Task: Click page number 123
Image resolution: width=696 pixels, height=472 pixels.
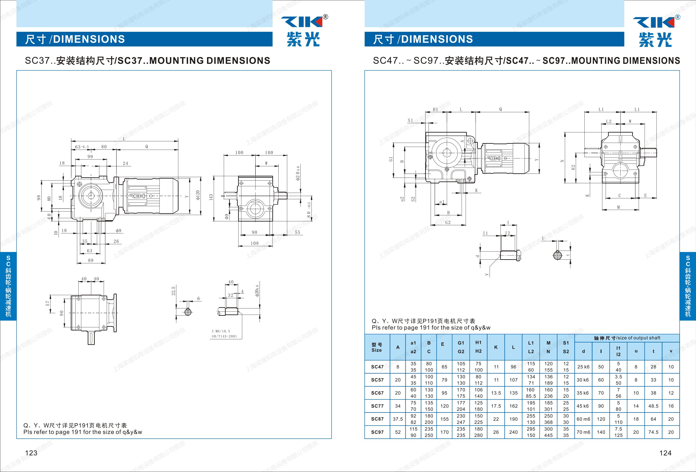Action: point(31,453)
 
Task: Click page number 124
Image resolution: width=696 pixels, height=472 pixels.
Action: point(665,453)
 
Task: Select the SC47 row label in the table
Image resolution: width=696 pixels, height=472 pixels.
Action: point(377,367)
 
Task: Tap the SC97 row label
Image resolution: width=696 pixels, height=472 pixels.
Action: point(377,432)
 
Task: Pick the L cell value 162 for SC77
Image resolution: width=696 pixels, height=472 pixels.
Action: point(513,406)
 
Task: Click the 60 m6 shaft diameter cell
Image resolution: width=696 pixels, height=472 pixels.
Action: point(583,419)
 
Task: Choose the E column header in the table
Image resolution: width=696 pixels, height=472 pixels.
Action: point(443,344)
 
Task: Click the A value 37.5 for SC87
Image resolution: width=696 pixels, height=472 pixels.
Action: point(398,419)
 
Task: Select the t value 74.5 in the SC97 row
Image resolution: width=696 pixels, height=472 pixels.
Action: point(653,432)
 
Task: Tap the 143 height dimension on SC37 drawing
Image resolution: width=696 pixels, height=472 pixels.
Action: point(211,197)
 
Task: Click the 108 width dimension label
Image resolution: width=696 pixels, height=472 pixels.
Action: point(255,243)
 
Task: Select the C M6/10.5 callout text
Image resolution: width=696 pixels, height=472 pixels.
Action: point(221,331)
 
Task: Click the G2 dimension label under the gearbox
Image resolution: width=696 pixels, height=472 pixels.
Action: point(448,222)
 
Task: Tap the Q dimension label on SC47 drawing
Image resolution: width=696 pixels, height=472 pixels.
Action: point(500,109)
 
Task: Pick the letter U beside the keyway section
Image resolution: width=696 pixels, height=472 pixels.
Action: point(543,238)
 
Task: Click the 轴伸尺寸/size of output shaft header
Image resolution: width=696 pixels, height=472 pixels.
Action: point(627,338)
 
